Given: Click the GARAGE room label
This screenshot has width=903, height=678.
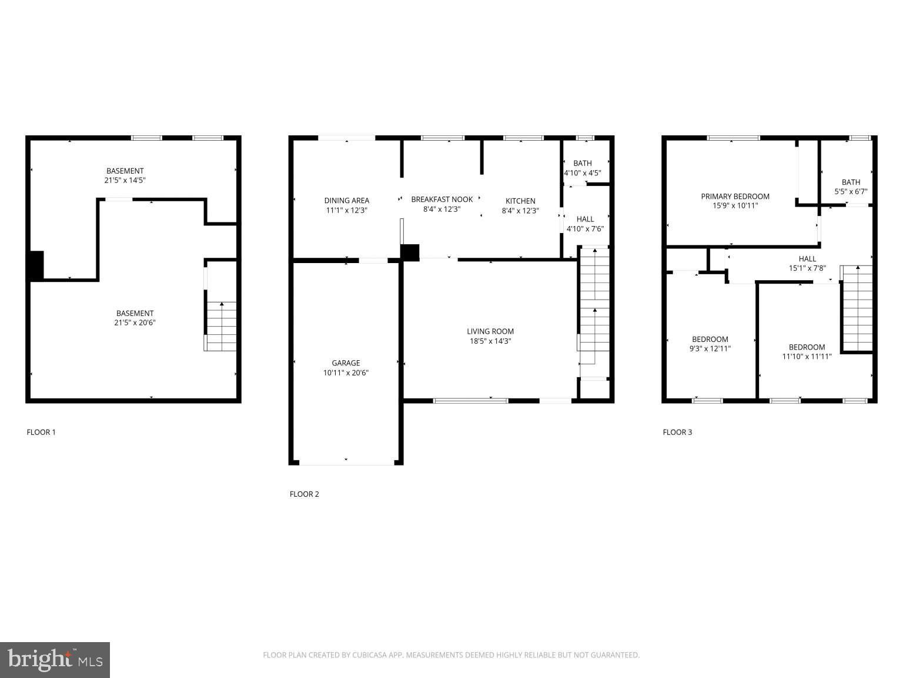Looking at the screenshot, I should click(x=346, y=363).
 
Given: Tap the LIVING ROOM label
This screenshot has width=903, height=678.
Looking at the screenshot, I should click(x=490, y=331).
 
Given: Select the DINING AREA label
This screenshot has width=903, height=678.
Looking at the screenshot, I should click(x=346, y=201).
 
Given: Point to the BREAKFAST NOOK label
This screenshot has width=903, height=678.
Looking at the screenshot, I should click(x=442, y=200).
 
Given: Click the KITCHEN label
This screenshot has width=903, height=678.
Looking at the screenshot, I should click(x=520, y=201).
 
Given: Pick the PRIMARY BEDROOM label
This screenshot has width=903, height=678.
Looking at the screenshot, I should click(x=735, y=197).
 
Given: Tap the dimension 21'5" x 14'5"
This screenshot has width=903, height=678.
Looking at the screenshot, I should click(x=125, y=181).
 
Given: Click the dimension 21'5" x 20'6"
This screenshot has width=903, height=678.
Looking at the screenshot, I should click(x=135, y=323).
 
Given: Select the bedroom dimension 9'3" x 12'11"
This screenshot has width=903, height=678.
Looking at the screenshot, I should click(x=710, y=348).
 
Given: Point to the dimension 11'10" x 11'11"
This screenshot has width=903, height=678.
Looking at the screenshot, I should click(x=807, y=356).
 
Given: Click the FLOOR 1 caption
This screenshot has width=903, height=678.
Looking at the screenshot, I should click(x=41, y=432).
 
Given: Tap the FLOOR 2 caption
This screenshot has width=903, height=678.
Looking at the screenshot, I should click(x=304, y=494).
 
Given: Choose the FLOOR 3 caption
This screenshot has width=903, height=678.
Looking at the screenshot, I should click(x=677, y=432).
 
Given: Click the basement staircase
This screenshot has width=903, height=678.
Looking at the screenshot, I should click(x=221, y=326).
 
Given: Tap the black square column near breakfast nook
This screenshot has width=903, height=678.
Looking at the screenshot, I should click(x=410, y=252).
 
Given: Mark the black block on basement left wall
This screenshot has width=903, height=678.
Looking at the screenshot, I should click(x=36, y=265).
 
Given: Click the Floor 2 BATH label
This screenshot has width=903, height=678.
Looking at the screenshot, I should click(x=583, y=163).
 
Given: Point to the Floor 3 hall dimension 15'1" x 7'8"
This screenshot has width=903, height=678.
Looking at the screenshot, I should click(x=807, y=268).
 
